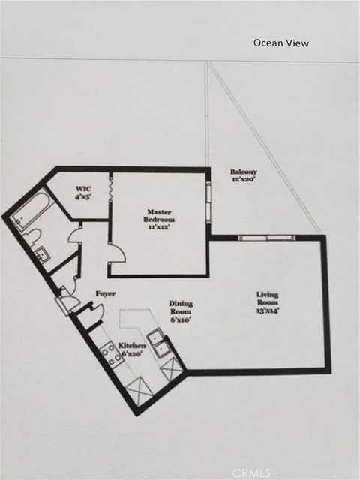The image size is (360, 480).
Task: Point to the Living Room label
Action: [268, 299]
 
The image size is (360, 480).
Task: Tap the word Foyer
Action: [105, 293]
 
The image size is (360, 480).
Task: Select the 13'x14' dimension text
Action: [268, 310]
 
